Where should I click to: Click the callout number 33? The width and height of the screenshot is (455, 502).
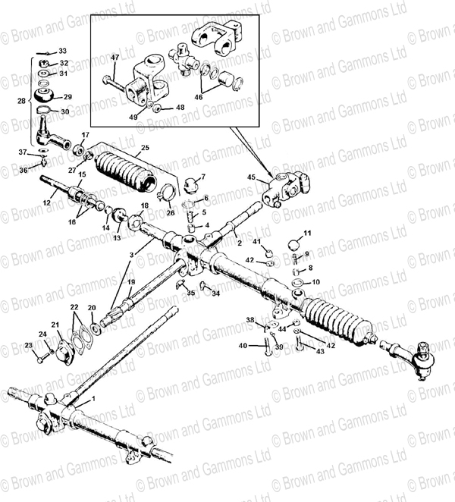[x=62, y=50]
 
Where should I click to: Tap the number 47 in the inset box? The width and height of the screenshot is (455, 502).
[x=115, y=58]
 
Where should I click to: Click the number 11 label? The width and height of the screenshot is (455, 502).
[x=307, y=232]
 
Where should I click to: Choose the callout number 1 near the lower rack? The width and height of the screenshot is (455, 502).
[x=93, y=398]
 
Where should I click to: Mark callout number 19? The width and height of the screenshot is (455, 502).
[x=131, y=282]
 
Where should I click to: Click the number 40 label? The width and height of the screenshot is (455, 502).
[x=243, y=346]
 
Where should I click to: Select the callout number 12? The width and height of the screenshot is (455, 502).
[x=45, y=202]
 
